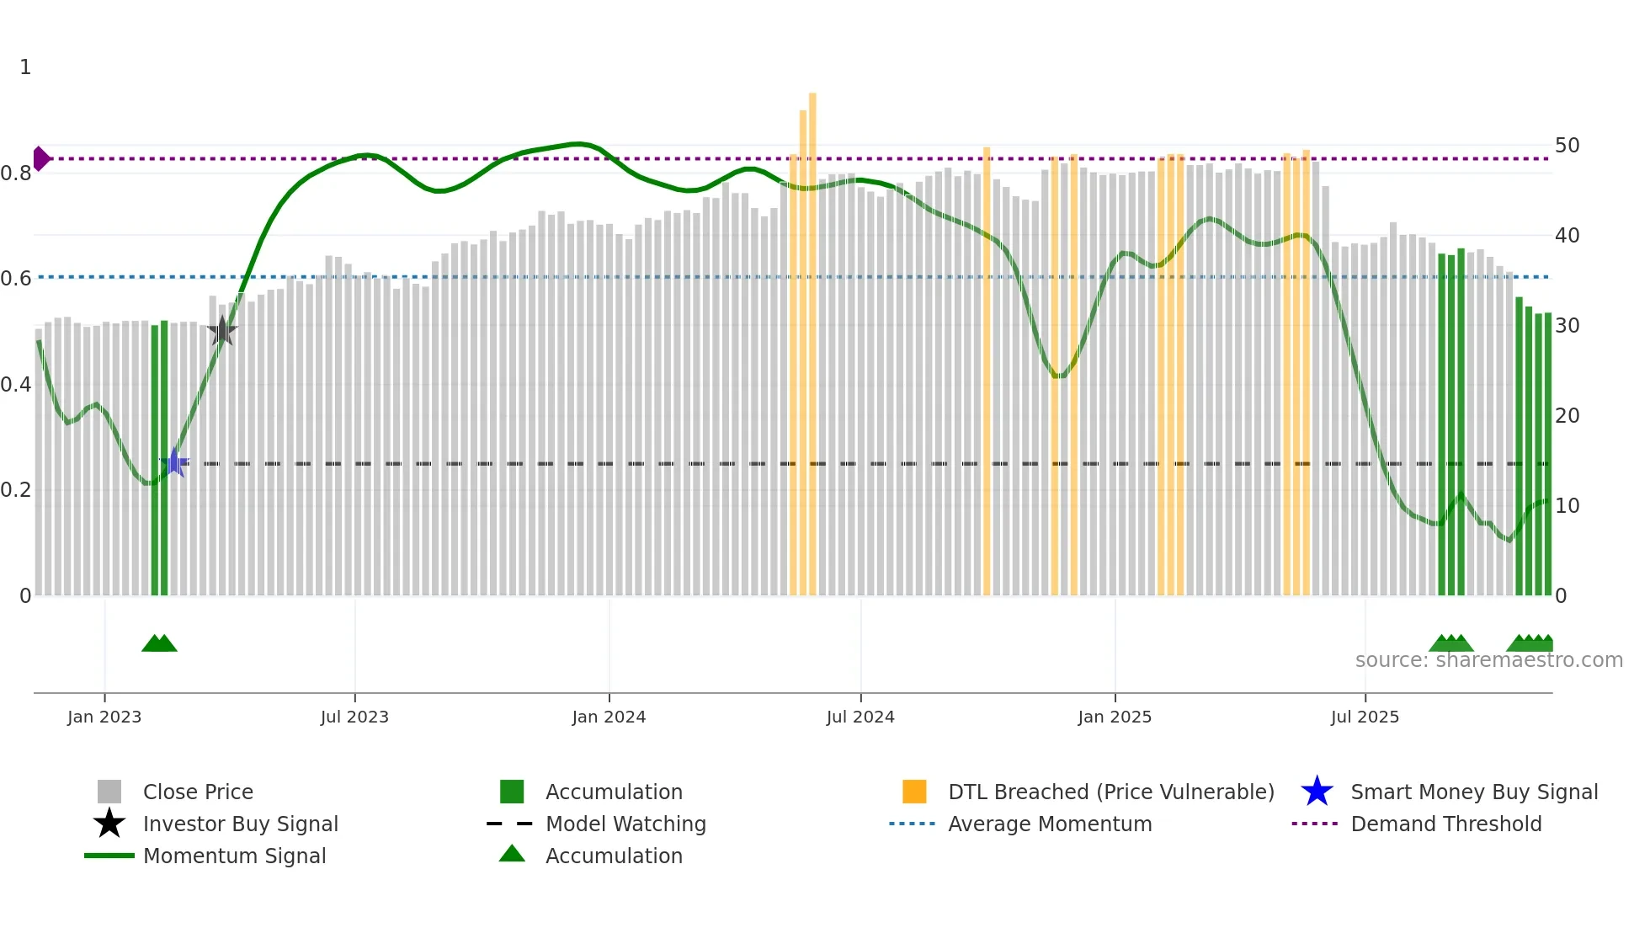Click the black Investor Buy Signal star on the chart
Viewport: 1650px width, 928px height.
(x=222, y=331)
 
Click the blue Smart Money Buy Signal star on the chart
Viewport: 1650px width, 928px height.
(x=174, y=462)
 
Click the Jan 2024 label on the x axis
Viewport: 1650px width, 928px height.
(x=609, y=717)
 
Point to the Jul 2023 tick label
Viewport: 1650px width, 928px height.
(x=354, y=717)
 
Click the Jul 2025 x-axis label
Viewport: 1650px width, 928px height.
(x=1365, y=717)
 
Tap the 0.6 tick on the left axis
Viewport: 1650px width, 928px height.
(x=16, y=278)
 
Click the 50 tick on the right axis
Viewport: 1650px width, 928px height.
(x=1567, y=146)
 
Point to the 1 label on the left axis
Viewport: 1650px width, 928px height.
(x=25, y=67)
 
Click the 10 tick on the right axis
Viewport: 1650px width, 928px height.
(x=1567, y=506)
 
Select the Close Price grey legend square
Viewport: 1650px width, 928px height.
(x=109, y=792)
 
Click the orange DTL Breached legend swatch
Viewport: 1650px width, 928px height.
(x=914, y=792)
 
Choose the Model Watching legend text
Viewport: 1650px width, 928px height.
(x=625, y=824)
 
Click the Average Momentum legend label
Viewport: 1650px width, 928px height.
(x=1050, y=824)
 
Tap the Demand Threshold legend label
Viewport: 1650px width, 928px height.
(x=1445, y=824)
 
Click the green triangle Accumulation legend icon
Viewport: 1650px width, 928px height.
(x=512, y=854)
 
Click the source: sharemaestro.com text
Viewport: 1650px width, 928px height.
(x=1488, y=660)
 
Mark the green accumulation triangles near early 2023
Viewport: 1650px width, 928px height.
(x=159, y=643)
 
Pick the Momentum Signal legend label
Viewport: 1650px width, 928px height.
(x=234, y=856)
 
